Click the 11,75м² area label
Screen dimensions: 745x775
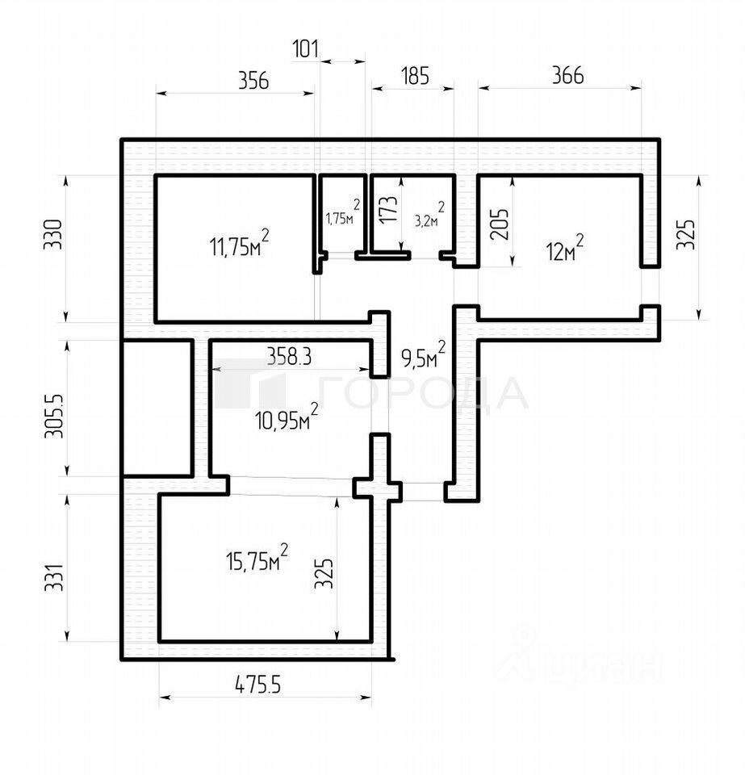click(239, 245)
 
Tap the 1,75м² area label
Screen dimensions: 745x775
click(342, 216)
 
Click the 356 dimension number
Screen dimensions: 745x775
click(253, 80)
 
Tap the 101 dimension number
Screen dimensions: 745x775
click(304, 48)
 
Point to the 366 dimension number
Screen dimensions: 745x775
click(567, 75)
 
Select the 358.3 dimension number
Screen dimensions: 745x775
click(289, 356)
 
